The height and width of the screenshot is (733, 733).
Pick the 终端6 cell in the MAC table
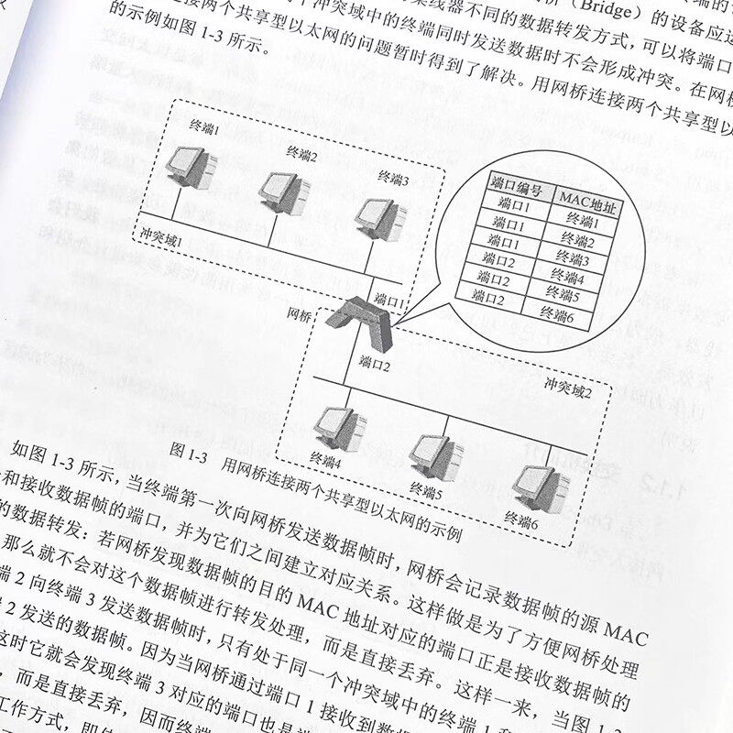click(555, 316)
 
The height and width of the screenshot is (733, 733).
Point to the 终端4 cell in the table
click(567, 278)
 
